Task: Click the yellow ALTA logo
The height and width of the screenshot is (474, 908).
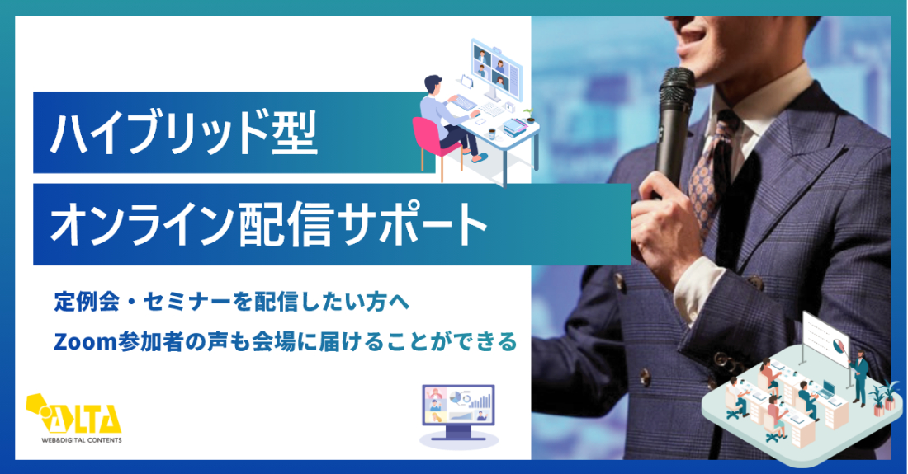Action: tap(73, 414)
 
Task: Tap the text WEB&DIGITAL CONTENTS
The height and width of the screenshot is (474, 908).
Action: tap(82, 440)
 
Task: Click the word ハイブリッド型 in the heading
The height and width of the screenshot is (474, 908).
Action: tap(184, 134)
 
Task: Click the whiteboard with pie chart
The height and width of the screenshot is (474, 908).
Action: tap(825, 339)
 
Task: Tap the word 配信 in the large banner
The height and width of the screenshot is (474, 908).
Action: tap(286, 223)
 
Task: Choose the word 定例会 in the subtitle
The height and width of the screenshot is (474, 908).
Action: tap(87, 303)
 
